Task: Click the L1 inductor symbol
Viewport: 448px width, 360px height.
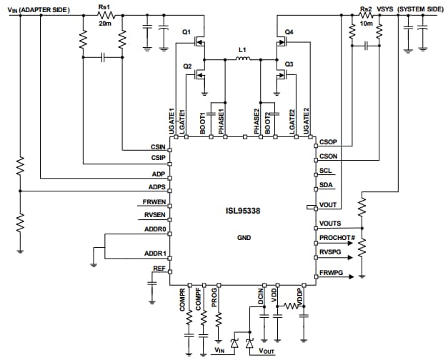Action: pyautogui.click(x=242, y=61)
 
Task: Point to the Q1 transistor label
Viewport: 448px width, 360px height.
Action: pyautogui.click(x=186, y=32)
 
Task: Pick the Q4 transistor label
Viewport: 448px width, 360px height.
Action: pyautogui.click(x=289, y=32)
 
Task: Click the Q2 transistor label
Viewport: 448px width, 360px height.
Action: pyautogui.click(x=187, y=66)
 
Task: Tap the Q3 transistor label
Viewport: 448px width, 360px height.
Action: pyautogui.click(x=289, y=65)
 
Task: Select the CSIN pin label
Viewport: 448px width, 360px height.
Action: pyautogui.click(x=159, y=148)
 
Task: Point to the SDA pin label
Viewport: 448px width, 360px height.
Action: pyautogui.click(x=325, y=185)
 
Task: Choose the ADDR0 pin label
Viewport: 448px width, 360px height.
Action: pyautogui.click(x=155, y=230)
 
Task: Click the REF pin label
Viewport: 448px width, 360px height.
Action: pyautogui.click(x=159, y=268)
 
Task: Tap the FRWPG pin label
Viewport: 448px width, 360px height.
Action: pyautogui.click(x=330, y=273)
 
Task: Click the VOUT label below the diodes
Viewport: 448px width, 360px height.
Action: pyautogui.click(x=266, y=351)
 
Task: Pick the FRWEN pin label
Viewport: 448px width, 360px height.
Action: pyautogui.click(x=155, y=202)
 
